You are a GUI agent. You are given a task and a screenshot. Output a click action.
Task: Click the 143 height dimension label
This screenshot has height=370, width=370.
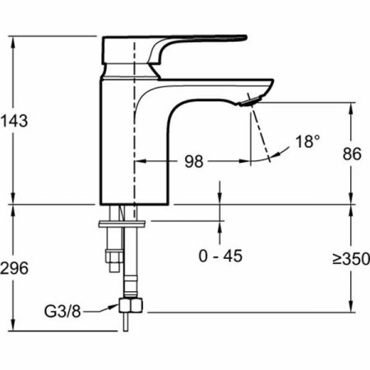coord(14,121)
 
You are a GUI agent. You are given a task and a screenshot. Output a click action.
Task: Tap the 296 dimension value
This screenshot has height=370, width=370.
coord(14,268)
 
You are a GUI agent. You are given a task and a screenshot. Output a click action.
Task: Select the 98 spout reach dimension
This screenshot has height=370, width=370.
coord(194,161)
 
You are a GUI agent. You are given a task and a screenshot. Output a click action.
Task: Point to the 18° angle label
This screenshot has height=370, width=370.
coord(308,141)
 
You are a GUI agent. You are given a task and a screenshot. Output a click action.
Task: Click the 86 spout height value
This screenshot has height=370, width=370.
coord(352,154)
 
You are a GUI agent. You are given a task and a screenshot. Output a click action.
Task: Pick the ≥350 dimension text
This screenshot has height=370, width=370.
coord(351,259)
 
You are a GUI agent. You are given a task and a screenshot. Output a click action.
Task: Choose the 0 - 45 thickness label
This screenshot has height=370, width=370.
coord(220,256)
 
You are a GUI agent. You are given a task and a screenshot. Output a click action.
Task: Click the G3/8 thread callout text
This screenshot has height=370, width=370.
coord(62,312)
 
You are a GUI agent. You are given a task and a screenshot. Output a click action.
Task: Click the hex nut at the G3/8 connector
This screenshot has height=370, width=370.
coord(131,305)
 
